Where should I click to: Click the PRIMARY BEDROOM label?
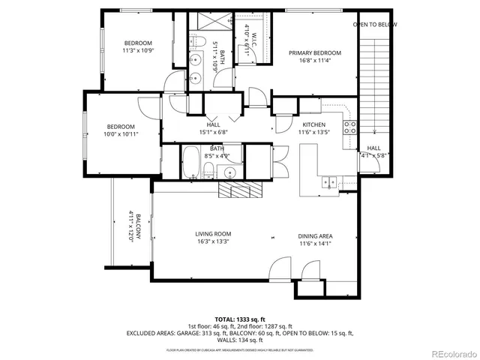[x=315, y=52]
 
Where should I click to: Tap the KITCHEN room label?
[x=313, y=124]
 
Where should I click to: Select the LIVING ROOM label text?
[x=212, y=234]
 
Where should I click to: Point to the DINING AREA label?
[x=316, y=236]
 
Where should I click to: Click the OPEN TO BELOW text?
[x=375, y=25]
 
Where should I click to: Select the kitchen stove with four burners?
[x=349, y=127]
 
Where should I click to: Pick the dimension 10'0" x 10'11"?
[x=120, y=134]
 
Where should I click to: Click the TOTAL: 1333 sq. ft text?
[x=239, y=319]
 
